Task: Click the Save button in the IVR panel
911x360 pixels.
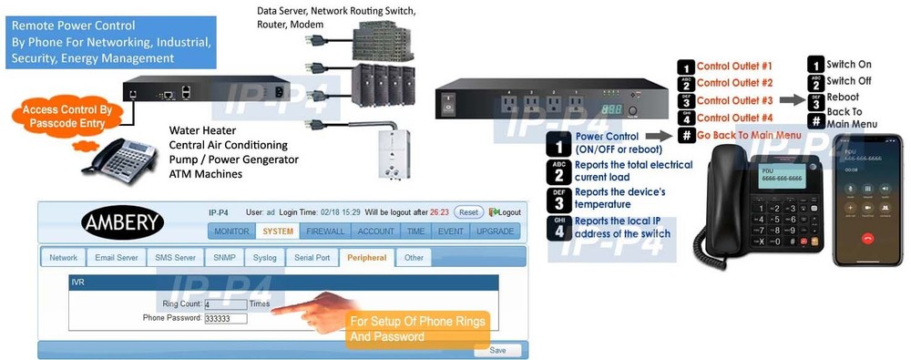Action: click(x=497, y=350)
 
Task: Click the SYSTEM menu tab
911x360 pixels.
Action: click(x=278, y=231)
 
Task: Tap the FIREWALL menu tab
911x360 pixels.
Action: click(x=325, y=231)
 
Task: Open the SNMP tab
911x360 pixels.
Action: click(x=224, y=258)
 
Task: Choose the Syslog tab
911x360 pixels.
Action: click(x=264, y=258)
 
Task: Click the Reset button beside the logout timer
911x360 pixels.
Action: click(x=468, y=211)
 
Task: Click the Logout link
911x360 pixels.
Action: click(x=506, y=211)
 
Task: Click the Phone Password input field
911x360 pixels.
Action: click(x=226, y=318)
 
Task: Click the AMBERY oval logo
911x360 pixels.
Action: click(x=123, y=221)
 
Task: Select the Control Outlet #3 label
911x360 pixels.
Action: click(x=734, y=100)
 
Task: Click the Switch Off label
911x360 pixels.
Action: click(x=849, y=81)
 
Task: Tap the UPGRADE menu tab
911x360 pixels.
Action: click(x=495, y=231)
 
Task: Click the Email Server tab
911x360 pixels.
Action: click(x=117, y=258)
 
